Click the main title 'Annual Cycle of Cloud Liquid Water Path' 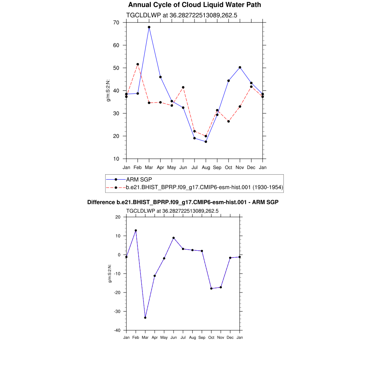pos(194,5)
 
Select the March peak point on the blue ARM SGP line pos(149,27)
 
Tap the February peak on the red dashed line pos(138,64)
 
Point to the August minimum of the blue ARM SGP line pos(206,142)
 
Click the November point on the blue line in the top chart pos(240,67)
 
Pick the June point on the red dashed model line pos(183,87)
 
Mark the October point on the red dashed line pos(228,121)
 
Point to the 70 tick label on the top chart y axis pos(116,22)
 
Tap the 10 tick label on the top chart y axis pos(116,159)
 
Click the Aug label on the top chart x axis pos(206,167)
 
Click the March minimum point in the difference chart pos(145,318)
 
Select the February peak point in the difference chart pos(136,231)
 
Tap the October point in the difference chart pos(211,288)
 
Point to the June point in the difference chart pos(174,238)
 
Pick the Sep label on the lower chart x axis pos(202,338)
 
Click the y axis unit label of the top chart pos(108,91)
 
